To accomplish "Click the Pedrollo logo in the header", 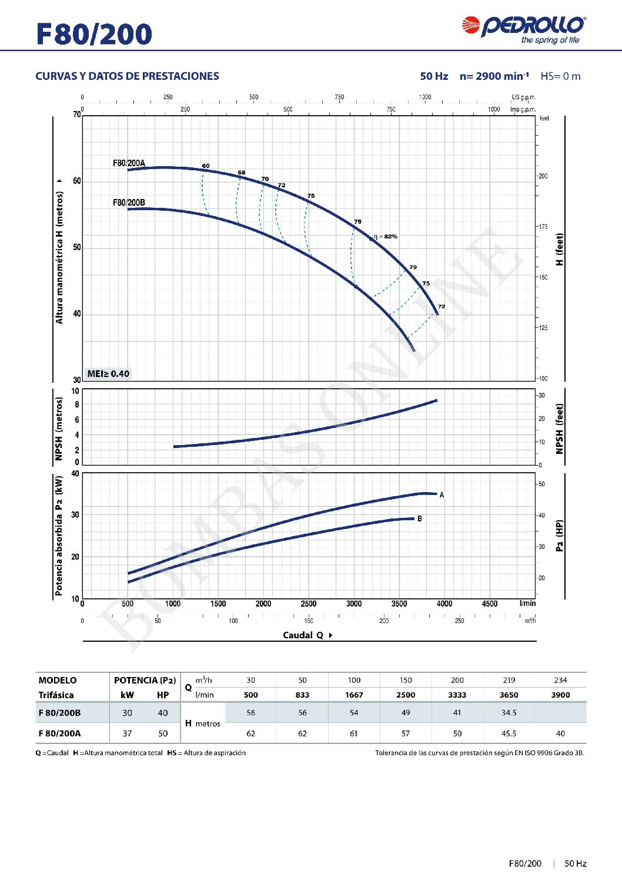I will pyautogui.click(x=523, y=29).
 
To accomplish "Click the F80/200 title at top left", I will pyautogui.click(x=94, y=34).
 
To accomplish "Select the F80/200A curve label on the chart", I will pyautogui.click(x=129, y=163).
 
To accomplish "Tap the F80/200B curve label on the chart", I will pyautogui.click(x=129, y=203).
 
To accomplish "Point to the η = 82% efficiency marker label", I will pyautogui.click(x=386, y=237).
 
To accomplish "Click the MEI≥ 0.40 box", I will pyautogui.click(x=108, y=373).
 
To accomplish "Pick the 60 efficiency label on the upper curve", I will pyautogui.click(x=206, y=166).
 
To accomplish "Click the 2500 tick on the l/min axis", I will pyautogui.click(x=309, y=604).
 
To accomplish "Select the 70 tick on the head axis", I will pyautogui.click(x=77, y=114).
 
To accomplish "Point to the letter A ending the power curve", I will pyautogui.click(x=442, y=495).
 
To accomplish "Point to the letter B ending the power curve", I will pyautogui.click(x=420, y=518).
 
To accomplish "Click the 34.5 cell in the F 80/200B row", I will pyautogui.click(x=509, y=713).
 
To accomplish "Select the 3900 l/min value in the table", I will pyautogui.click(x=560, y=695).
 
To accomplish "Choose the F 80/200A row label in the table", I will pyautogui.click(x=60, y=733).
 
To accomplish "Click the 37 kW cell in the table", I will pyautogui.click(x=127, y=733).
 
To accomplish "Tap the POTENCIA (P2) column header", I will pyautogui.click(x=145, y=680).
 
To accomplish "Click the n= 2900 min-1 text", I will pyautogui.click(x=494, y=76).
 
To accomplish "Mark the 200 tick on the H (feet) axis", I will pyautogui.click(x=543, y=176).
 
